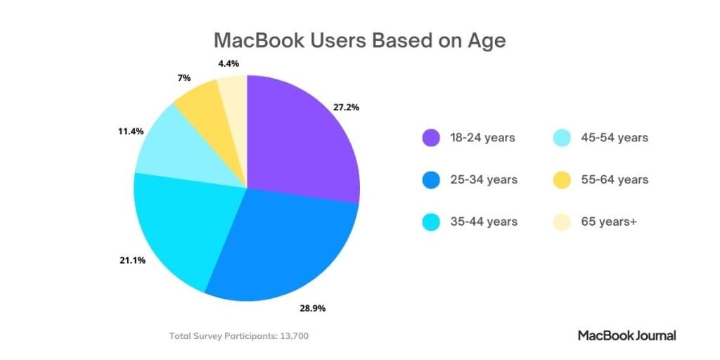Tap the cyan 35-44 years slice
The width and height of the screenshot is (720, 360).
tap(183, 225)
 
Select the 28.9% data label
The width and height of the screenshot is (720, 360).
tap(311, 308)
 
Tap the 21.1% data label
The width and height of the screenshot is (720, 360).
tap(132, 260)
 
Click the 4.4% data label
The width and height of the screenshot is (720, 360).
tap(228, 63)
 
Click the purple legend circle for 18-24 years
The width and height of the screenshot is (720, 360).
tap(430, 138)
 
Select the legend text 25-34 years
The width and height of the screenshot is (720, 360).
tap(483, 179)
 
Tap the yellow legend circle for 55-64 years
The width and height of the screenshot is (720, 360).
tap(561, 179)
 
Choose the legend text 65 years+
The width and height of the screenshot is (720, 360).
tap(607, 221)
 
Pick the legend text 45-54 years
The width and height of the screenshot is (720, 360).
tap(614, 138)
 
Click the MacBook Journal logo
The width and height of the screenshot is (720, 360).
tap(626, 335)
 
